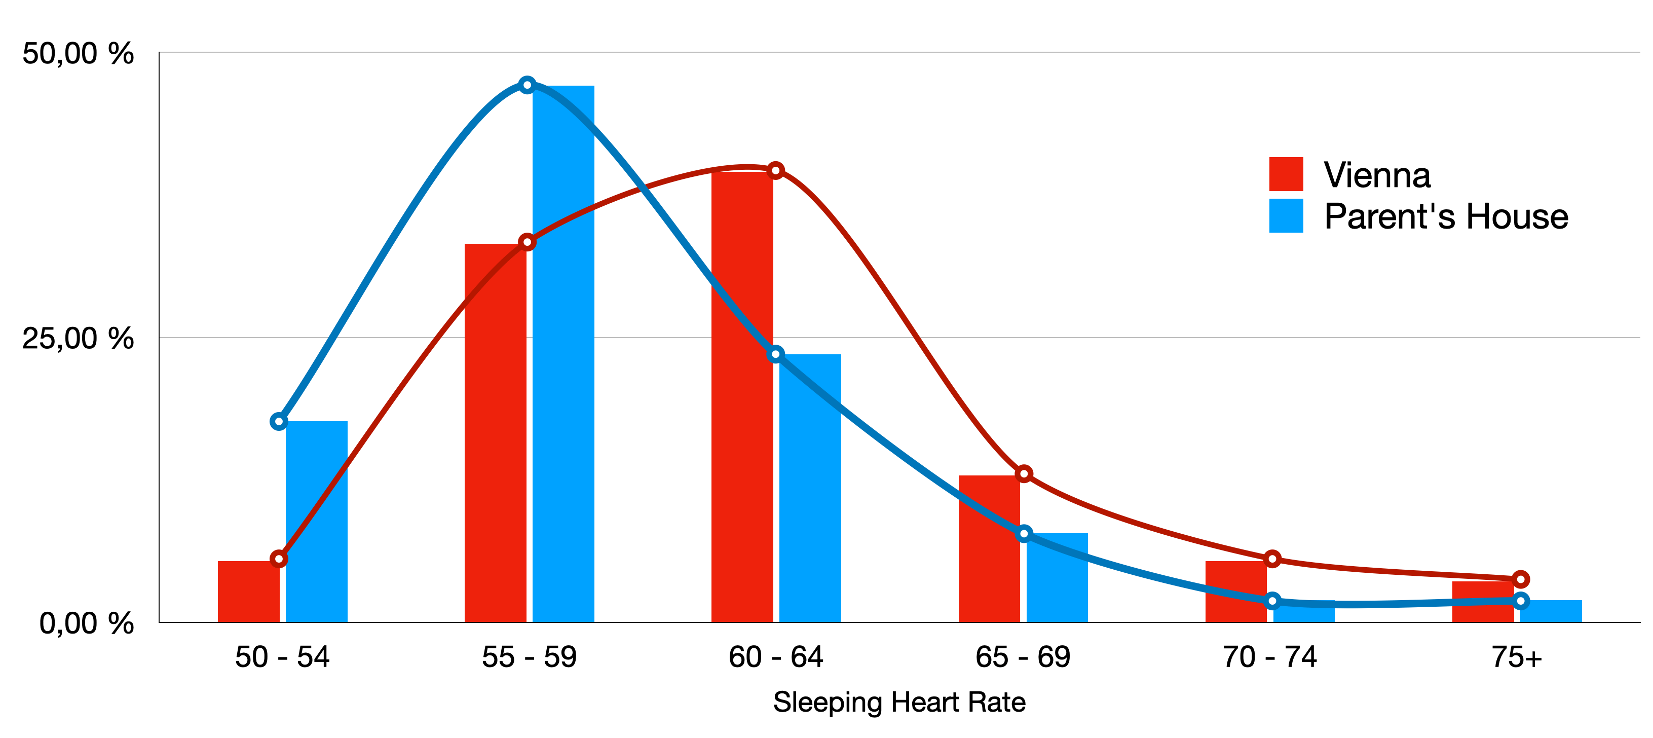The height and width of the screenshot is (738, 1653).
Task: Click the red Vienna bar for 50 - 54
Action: pyautogui.click(x=248, y=592)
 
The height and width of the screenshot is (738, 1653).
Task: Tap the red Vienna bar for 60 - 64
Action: pyautogui.click(x=742, y=398)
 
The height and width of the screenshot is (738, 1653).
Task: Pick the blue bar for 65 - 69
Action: pyautogui.click(x=1057, y=577)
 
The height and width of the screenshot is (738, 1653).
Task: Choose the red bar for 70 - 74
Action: pyautogui.click(x=1236, y=592)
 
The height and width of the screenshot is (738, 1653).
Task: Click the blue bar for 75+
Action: pyautogui.click(x=1552, y=612)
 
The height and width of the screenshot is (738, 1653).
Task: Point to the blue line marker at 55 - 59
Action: pyautogui.click(x=527, y=85)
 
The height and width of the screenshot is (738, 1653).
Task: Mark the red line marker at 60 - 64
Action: pyautogui.click(x=776, y=170)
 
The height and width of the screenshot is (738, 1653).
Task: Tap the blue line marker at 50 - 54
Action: pyautogui.click(x=279, y=422)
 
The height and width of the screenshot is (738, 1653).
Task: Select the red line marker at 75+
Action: pyautogui.click(x=1520, y=579)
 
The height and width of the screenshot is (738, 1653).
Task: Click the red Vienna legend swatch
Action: pyautogui.click(x=1286, y=174)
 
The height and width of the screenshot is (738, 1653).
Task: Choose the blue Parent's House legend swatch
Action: pyautogui.click(x=1286, y=215)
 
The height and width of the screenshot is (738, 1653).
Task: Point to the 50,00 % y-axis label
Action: pyautogui.click(x=78, y=53)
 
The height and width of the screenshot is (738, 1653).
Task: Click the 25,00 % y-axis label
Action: pyautogui.click(x=78, y=338)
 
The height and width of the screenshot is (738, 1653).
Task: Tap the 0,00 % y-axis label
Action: pyautogui.click(x=86, y=623)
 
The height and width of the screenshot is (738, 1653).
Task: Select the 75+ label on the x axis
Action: pyautogui.click(x=1516, y=657)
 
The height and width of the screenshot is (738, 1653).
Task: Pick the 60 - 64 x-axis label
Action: pyautogui.click(x=776, y=657)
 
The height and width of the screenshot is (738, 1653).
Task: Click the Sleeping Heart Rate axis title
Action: pyautogui.click(x=899, y=702)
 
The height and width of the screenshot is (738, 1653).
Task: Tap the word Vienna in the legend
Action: pyautogui.click(x=1377, y=175)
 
